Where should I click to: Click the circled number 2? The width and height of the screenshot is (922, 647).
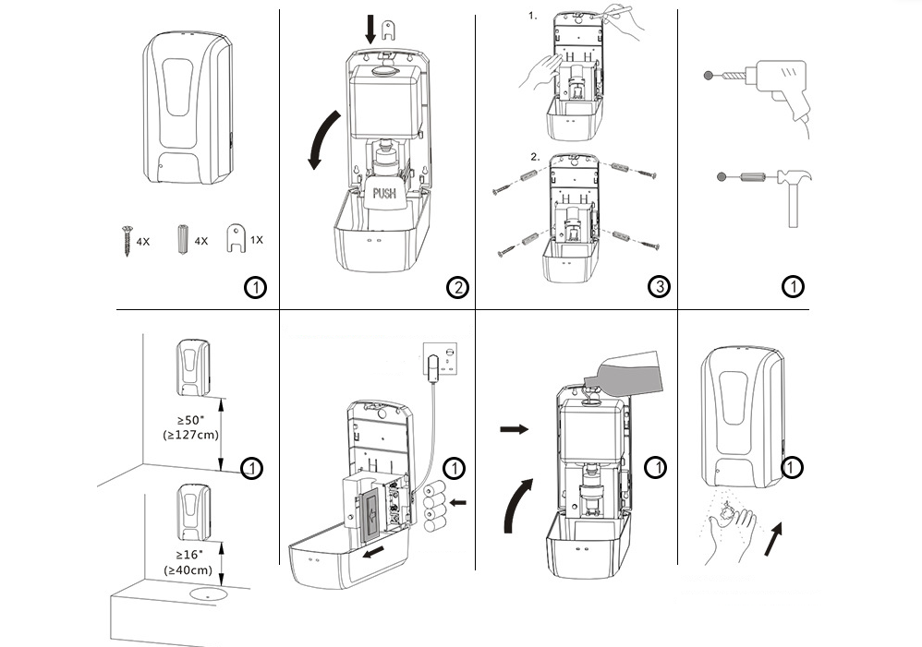(x=456, y=288)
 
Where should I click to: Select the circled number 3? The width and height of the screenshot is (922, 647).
(x=658, y=288)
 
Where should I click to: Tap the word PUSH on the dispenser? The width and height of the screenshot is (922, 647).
(x=385, y=194)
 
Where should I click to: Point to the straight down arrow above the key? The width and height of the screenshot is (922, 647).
(x=370, y=27)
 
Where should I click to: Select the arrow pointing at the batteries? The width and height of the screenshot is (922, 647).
(x=458, y=503)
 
